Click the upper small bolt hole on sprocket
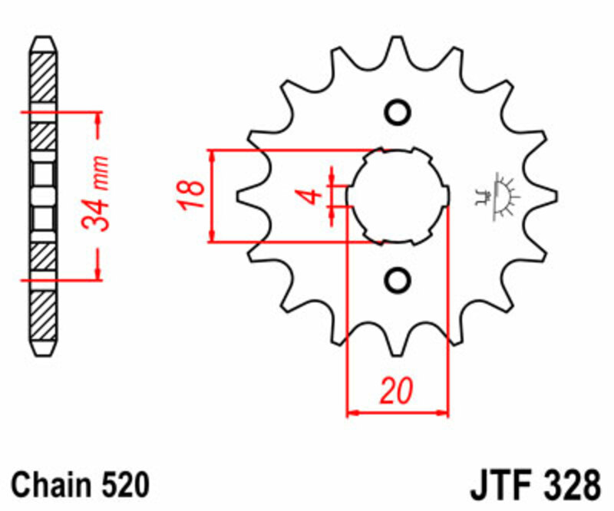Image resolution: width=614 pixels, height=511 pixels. click(x=397, y=112)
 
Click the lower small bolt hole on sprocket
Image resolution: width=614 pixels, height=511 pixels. click(x=397, y=279)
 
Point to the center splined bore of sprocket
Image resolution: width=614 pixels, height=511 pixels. click(x=397, y=196)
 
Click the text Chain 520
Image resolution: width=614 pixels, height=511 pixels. click(x=78, y=485)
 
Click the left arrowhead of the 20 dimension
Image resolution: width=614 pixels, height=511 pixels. click(x=352, y=414)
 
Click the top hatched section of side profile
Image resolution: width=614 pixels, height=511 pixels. click(x=44, y=77)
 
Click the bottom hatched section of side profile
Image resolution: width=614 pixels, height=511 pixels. click(x=44, y=315)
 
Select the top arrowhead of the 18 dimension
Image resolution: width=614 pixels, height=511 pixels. click(x=213, y=154)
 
